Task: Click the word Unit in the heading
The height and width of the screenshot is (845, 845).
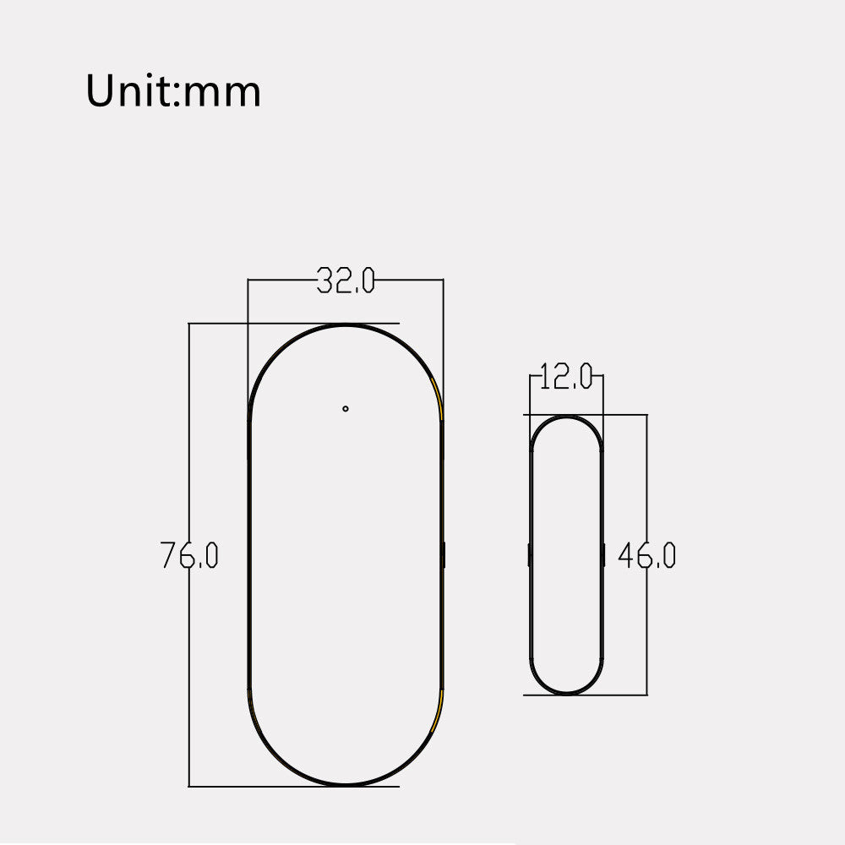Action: click(128, 90)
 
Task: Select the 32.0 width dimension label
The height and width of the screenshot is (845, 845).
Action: click(346, 281)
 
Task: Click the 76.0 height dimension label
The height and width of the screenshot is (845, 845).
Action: click(189, 555)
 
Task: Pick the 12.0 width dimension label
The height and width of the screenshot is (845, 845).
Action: click(566, 378)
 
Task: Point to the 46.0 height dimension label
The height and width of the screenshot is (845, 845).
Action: click(646, 555)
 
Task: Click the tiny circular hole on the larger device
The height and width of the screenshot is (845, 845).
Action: click(346, 409)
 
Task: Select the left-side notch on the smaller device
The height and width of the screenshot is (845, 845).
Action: click(529, 555)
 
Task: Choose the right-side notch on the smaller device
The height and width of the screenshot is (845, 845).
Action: click(603, 555)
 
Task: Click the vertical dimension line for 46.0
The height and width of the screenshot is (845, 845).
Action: click(646, 625)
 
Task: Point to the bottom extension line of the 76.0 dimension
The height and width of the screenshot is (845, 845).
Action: click(253, 787)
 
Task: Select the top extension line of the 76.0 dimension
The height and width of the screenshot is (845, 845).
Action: click(253, 323)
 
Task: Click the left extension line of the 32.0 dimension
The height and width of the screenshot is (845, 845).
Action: click(248, 338)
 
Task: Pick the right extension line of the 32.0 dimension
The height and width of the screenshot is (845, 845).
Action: click(443, 338)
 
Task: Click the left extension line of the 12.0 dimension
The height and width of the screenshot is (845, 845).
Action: click(530, 397)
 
